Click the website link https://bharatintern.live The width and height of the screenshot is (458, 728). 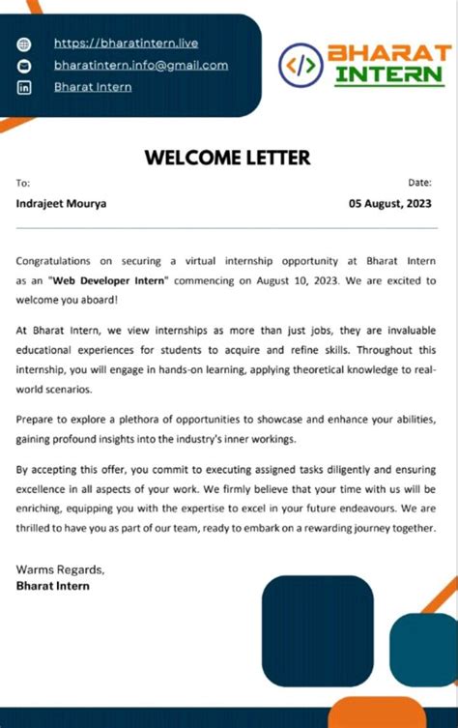click(126, 44)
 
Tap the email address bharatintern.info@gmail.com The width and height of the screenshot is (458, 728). click(141, 66)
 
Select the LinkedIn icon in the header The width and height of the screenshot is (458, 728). click(25, 88)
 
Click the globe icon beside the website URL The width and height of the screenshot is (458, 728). click(25, 44)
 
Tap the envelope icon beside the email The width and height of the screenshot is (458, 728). click(25, 66)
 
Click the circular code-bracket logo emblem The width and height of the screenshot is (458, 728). click(300, 65)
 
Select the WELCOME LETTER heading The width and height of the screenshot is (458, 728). click(228, 158)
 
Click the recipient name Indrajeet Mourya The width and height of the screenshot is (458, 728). click(62, 203)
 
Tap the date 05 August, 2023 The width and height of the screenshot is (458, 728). click(390, 203)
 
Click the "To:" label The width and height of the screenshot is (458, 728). click(23, 183)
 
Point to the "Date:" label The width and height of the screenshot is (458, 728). click(420, 183)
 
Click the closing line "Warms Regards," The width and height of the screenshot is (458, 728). click(60, 568)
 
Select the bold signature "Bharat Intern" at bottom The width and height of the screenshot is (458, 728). click(53, 585)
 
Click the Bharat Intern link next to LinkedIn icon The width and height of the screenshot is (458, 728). click(93, 87)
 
